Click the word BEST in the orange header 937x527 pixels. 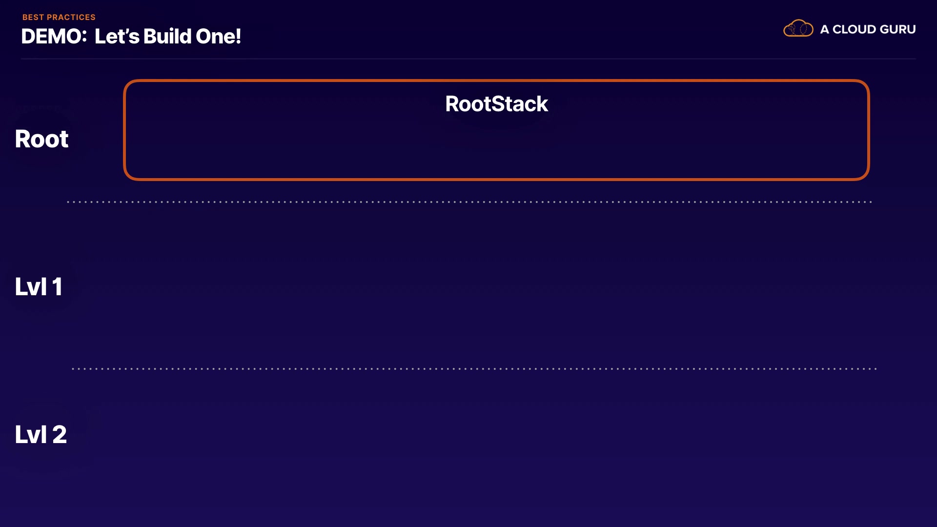pos(33,17)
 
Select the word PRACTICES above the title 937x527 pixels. pos(71,17)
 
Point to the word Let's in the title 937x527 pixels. pos(117,37)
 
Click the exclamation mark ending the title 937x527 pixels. pos(239,37)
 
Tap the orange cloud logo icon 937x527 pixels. pos(798,28)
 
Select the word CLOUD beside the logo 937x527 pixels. pos(854,29)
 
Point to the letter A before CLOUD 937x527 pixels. pos(825,29)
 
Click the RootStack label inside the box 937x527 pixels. pos(496,104)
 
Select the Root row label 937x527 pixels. pos(41,139)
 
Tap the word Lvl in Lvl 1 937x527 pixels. pos(31,286)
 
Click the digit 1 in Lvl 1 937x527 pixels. pos(58,286)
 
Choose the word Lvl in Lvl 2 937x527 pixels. pos(31,434)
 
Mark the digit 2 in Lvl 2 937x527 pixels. pos(60,434)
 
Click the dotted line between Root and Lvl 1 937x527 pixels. pos(469,202)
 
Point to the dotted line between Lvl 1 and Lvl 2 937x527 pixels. pos(474,369)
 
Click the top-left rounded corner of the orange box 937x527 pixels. pos(128,85)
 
